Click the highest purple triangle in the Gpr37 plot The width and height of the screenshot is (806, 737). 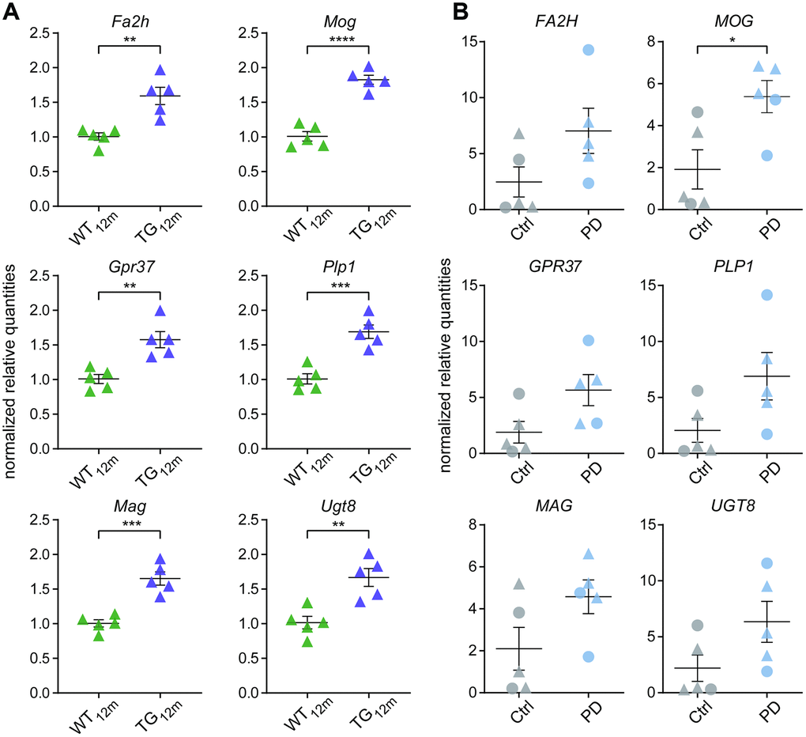coord(159,311)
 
